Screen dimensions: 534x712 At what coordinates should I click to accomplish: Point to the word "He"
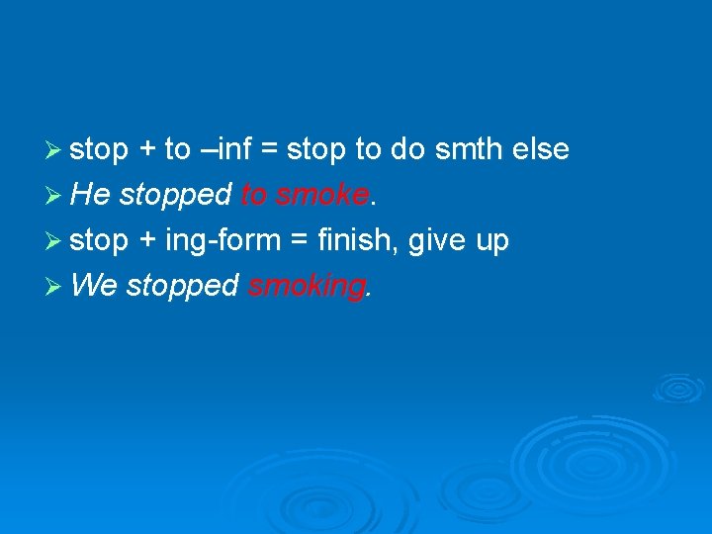[x=91, y=195]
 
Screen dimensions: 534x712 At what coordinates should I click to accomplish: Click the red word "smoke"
[x=322, y=195]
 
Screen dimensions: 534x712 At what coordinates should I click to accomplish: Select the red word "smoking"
[x=307, y=286]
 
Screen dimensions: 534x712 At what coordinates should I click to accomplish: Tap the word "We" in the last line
[x=95, y=286]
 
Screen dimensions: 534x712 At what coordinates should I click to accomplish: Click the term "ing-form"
[x=222, y=240]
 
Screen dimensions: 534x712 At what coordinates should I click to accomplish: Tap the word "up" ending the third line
[x=491, y=240]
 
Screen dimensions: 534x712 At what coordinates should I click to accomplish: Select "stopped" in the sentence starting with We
[x=183, y=286]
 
